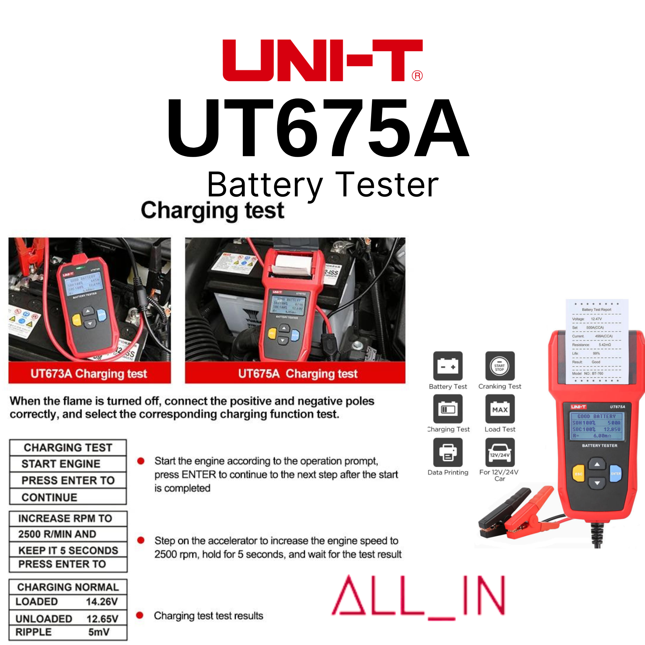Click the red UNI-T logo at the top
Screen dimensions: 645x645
[322, 60]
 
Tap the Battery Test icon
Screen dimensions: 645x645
[448, 366]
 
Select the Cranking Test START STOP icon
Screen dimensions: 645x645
[500, 366]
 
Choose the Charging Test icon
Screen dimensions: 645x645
[448, 409]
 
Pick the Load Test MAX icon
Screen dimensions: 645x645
[500, 409]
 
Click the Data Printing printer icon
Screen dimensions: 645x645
[448, 452]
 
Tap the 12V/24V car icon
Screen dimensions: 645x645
[500, 452]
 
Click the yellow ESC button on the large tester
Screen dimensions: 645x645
[578, 473]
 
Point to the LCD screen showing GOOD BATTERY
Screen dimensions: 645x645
[596, 426]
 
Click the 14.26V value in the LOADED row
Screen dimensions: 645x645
[102, 601]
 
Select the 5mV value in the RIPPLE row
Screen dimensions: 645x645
[99, 632]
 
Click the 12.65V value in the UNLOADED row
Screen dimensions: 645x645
[102, 619]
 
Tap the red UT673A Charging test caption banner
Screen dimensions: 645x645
[89, 373]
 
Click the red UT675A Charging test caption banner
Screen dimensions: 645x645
[295, 373]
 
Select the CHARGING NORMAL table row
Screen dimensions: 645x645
[68, 587]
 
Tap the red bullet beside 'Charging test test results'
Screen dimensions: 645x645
[140, 615]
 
